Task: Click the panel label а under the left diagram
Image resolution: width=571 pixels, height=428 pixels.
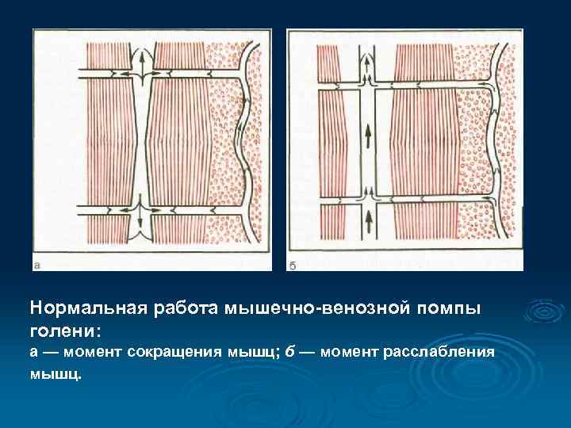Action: pos(38,264)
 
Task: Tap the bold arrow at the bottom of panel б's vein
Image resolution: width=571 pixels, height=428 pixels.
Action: pos(369,222)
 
